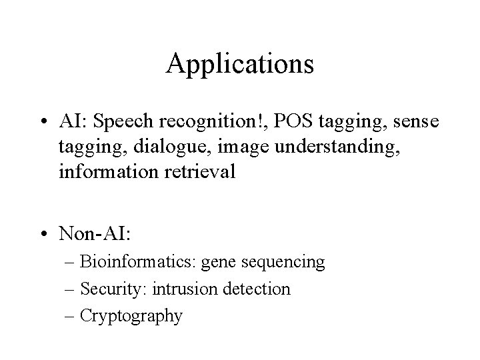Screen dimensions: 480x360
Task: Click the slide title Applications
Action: point(240,64)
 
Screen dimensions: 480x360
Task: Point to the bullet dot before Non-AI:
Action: point(43,234)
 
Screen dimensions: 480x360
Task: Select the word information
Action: point(100,172)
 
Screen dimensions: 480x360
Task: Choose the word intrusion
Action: point(183,289)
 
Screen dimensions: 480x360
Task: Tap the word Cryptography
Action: point(131,315)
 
